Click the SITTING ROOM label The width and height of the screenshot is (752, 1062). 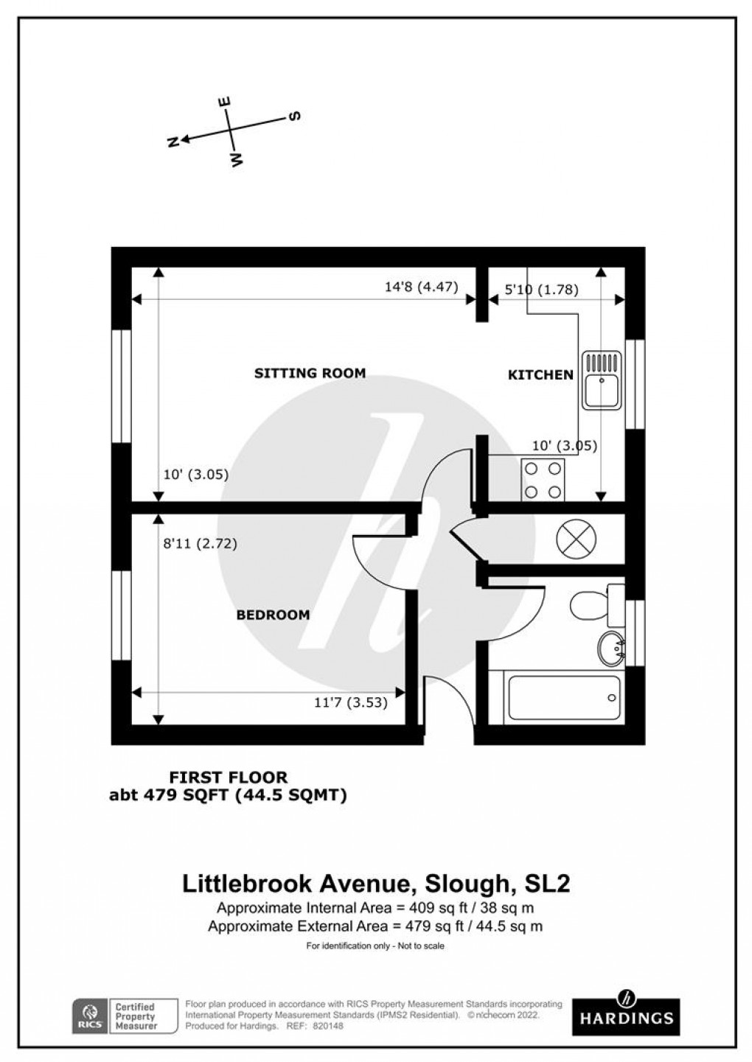click(x=310, y=373)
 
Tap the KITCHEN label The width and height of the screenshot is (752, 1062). click(x=540, y=375)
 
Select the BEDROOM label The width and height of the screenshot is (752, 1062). click(x=273, y=615)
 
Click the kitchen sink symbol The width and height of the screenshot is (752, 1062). click(x=602, y=380)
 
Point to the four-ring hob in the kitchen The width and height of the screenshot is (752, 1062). click(x=543, y=479)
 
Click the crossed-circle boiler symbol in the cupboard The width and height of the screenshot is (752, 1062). click(x=575, y=538)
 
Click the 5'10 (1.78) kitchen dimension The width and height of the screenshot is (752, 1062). click(x=540, y=290)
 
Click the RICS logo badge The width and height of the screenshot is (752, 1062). click(x=90, y=1016)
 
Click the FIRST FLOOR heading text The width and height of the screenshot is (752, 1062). click(x=229, y=776)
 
